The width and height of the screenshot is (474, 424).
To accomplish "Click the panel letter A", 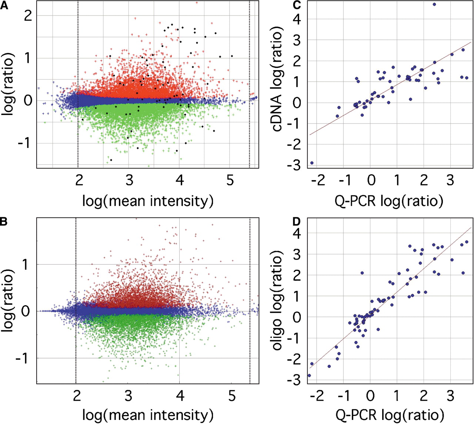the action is pos(4,6).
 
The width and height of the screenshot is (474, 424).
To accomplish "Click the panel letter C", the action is pos(297,5).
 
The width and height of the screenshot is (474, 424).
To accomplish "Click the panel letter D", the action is pos(296,222).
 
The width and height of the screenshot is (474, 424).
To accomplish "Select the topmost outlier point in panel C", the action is pos(434,4).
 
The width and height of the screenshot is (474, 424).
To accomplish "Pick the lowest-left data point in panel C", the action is pos(312,163).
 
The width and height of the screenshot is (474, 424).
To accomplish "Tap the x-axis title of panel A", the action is pos(148,201).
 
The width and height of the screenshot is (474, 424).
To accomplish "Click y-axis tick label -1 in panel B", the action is pos(23,358).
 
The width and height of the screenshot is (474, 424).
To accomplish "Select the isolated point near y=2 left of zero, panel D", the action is pos(362,273).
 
